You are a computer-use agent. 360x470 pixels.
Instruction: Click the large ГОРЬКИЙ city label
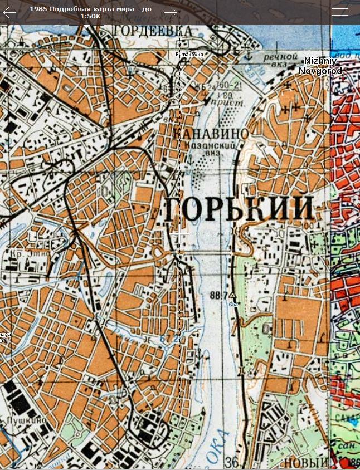pyautogui.click(x=239, y=209)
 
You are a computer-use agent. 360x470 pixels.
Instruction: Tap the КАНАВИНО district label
pyautogui.click(x=211, y=134)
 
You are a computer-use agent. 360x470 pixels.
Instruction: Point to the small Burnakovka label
pyautogui.click(x=189, y=54)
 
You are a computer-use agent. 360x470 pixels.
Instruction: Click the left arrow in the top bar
pyautogui.click(x=10, y=12)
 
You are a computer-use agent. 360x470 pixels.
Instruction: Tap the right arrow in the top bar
pyautogui.click(x=171, y=12)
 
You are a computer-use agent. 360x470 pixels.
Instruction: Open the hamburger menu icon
pyautogui.click(x=339, y=12)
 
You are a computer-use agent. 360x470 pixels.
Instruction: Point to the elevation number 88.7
pyautogui.click(x=219, y=294)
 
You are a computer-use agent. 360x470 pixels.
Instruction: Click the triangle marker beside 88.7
pyautogui.click(x=233, y=296)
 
